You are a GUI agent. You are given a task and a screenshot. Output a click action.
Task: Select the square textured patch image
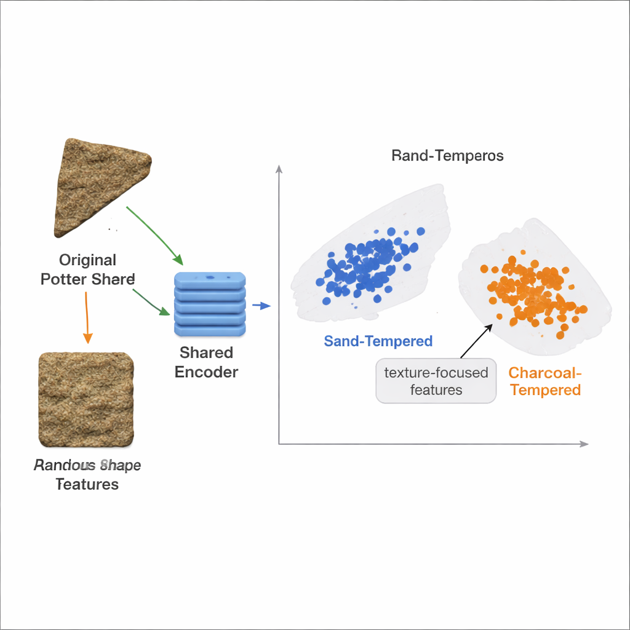pos(86,400)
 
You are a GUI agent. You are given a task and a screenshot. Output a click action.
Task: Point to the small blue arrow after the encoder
pos(261,306)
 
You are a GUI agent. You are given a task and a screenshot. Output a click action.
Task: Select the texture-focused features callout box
pos(436,381)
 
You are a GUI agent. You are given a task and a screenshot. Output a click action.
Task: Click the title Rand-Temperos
pos(447,156)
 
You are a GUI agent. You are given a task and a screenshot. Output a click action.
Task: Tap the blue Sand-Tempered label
pos(378,341)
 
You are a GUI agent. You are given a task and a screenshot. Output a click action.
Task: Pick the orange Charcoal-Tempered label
pos(545,381)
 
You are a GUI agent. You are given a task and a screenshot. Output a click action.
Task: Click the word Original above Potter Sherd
pos(87,260)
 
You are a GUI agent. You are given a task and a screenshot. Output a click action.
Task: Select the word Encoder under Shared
pos(206,372)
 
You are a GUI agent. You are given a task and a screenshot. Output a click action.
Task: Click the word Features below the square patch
pos(87,484)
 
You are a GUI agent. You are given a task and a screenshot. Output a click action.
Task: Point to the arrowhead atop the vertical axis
pos(279,169)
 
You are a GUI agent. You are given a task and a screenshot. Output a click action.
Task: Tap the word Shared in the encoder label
pos(206,353)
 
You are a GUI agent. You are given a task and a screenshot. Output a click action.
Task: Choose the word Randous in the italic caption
pos(60,465)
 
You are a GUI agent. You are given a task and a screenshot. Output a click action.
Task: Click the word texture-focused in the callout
pos(436,372)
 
